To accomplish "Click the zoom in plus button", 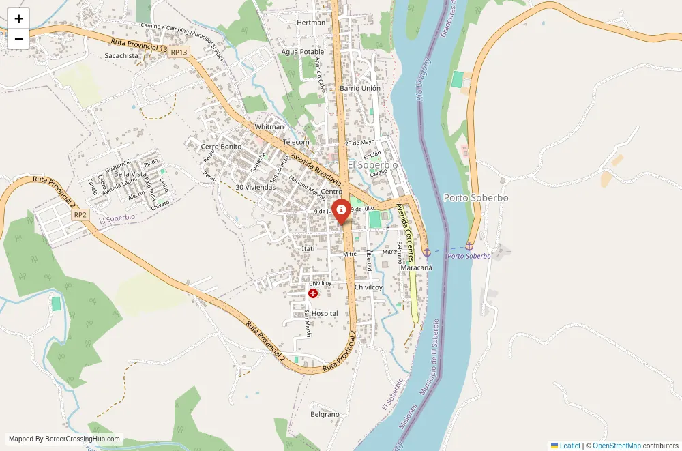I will click(18, 18).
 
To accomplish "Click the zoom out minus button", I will click(18, 39).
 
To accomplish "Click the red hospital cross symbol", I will click(313, 293).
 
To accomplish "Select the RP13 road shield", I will click(179, 52).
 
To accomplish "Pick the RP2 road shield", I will click(80, 214).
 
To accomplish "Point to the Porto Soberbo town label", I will click(476, 198).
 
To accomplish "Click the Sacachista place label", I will click(122, 56).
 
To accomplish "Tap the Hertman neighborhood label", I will click(312, 23).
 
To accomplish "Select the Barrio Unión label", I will click(360, 89).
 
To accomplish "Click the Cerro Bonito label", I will click(221, 147).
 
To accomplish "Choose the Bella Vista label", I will click(130, 174).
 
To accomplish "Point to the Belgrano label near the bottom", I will click(325, 414).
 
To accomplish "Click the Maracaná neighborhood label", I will click(417, 268).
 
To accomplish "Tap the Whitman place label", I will click(269, 127).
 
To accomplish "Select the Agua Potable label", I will click(303, 52).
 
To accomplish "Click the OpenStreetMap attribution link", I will click(617, 446).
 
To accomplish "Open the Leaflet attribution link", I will click(569, 446).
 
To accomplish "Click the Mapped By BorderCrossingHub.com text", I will click(65, 439).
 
